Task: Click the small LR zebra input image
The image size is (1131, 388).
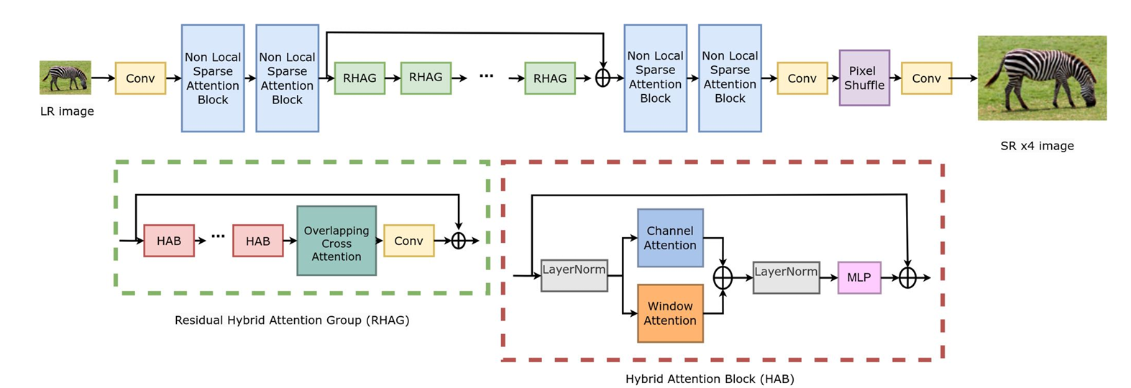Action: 65,78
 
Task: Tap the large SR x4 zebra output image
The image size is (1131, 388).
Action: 1041,78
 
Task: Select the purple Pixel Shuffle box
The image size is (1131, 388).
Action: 864,78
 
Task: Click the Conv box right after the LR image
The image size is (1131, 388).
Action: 140,78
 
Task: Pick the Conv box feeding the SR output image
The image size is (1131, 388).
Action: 926,78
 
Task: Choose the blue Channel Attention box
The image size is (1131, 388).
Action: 669,238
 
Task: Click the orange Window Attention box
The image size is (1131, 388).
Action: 669,313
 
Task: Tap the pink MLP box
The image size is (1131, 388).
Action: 858,277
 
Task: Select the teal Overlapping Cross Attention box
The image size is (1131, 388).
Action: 336,241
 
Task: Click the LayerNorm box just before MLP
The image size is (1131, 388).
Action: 785,277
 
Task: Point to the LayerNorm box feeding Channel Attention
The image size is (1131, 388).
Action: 574,275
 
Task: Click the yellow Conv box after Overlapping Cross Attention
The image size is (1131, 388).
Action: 408,241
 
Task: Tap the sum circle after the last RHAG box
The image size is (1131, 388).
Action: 603,78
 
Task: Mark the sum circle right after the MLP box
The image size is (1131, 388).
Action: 907,277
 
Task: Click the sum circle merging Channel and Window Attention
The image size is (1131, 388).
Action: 722,277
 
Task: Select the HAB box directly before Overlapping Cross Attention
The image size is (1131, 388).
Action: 257,241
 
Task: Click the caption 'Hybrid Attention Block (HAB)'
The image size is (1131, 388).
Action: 709,379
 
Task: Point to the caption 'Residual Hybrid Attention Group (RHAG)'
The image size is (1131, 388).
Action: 292,320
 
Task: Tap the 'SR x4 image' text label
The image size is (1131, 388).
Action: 1037,146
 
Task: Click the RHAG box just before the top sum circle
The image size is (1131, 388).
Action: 549,78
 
